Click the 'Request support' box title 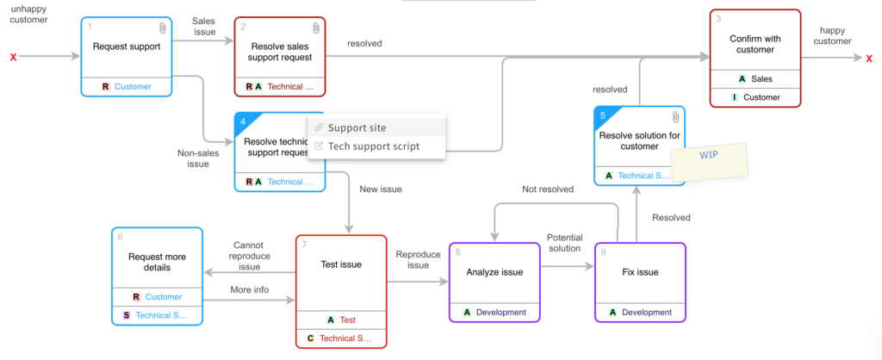pos(127,47)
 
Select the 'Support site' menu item pos(357,127)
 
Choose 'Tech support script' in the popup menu pos(373,146)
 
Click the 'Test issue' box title pos(341,264)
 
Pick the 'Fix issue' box pos(640,272)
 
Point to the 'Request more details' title pos(157,262)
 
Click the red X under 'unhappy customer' pos(13,58)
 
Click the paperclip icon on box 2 pos(315,28)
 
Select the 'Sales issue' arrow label pos(203,26)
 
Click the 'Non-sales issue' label pos(198,158)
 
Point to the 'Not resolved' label pos(548,189)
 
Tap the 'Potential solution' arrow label pos(565,243)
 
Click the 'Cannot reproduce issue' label pos(249,256)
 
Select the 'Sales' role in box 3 pos(755,78)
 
